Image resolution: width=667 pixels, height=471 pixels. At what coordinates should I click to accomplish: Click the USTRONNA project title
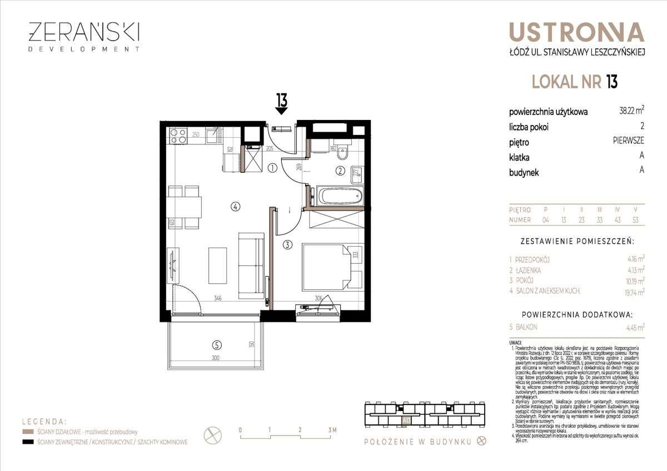[576, 33]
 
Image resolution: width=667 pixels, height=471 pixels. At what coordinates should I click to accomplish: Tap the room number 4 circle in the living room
[236, 207]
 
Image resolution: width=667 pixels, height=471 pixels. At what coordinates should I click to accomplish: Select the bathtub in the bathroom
[340, 196]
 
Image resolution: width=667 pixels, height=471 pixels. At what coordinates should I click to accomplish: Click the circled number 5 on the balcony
[216, 343]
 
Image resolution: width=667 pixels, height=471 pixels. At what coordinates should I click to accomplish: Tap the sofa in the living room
[251, 265]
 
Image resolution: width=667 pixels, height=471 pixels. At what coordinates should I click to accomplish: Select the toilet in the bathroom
[343, 152]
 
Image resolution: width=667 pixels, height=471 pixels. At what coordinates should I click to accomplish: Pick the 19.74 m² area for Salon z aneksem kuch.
[633, 291]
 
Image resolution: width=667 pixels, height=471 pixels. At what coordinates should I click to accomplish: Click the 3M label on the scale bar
[332, 430]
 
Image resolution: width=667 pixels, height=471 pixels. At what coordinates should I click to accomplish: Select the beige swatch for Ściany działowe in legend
[28, 432]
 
